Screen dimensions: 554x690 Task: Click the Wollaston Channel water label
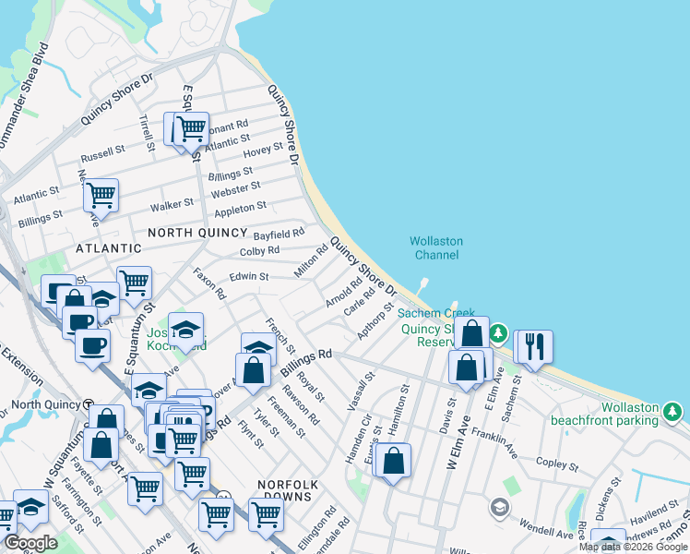[436, 247]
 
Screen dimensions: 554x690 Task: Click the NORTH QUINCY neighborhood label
[196, 233]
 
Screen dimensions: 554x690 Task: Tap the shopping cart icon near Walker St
[101, 195]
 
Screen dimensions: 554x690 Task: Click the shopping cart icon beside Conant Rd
[191, 128]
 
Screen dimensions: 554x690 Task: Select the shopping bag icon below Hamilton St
[393, 460]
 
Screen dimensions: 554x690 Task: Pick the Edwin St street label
[249, 276]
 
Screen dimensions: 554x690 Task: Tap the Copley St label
[555, 461]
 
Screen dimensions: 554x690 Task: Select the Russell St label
[102, 151]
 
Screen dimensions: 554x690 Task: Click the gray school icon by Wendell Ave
[499, 506]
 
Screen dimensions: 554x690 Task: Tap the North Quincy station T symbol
[88, 404]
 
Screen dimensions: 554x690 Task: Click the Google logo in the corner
[31, 543]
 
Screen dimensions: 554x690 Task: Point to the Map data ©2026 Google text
[633, 547]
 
